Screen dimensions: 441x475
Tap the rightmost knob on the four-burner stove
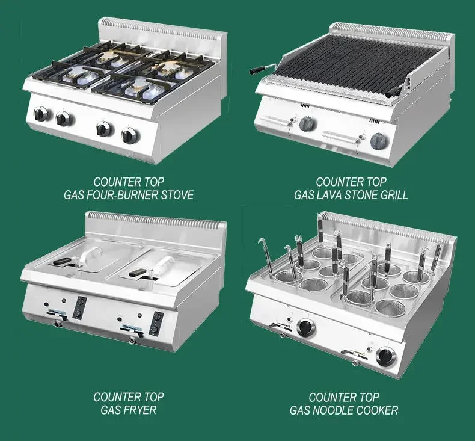(128, 135)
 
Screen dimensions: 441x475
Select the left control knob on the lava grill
(307, 123)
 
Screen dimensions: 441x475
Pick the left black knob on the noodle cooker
(306, 328)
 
